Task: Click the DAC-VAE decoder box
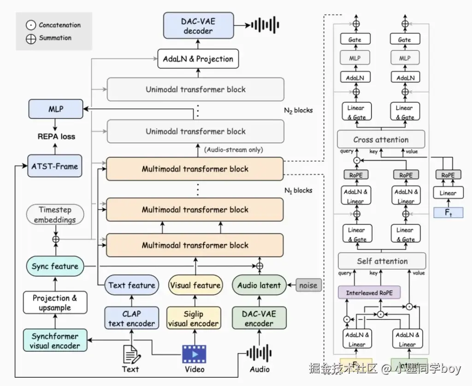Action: click(198, 26)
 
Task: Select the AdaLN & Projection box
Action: click(198, 59)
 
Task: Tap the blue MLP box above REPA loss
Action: click(55, 110)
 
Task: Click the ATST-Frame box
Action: click(55, 166)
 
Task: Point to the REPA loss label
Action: click(56, 136)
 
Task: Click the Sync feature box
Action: click(55, 266)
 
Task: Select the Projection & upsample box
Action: click(55, 303)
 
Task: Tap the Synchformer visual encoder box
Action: click(55, 341)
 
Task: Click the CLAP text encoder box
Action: click(131, 319)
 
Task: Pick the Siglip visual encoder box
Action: click(194, 319)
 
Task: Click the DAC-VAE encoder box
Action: click(259, 319)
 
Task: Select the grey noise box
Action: click(308, 285)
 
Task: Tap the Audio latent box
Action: click(259, 285)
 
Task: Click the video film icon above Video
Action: click(194, 354)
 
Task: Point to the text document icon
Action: click(130, 354)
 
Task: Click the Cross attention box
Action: click(381, 140)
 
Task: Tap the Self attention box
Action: click(382, 261)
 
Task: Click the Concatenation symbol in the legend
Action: click(31, 25)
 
